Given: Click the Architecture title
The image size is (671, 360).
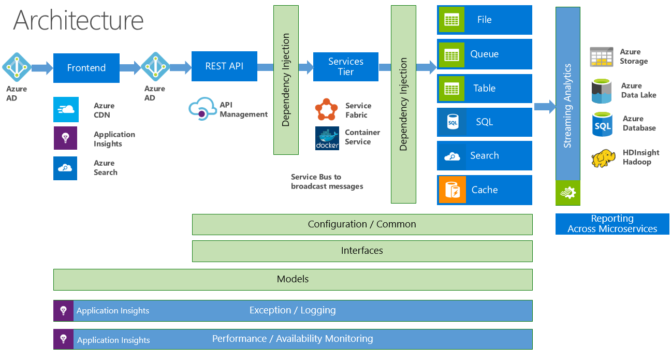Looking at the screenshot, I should (78, 20).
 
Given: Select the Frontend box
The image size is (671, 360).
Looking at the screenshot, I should (86, 68).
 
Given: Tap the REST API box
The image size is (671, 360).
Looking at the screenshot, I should (224, 66).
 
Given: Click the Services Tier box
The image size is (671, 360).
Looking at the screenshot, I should (346, 67).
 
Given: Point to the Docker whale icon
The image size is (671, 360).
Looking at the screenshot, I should (327, 138).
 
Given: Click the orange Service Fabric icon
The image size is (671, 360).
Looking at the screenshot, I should (326, 109).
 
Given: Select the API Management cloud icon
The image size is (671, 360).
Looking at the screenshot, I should (201, 109).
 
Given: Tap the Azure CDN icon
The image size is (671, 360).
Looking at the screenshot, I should (65, 109).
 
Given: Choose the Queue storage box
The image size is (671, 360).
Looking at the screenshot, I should (484, 54).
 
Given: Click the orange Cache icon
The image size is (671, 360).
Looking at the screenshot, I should (452, 190).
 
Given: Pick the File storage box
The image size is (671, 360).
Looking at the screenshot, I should (484, 20).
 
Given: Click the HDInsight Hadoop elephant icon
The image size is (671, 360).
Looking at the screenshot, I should (603, 158).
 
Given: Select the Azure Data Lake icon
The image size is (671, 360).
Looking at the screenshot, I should (602, 91).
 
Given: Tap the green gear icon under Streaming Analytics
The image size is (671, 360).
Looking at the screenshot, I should (567, 193).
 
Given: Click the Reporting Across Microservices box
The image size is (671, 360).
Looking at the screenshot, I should (612, 224).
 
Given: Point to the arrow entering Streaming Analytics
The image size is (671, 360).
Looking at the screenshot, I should (544, 107).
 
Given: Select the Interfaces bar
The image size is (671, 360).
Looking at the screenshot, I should (362, 251).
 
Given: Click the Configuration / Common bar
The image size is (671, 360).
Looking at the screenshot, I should (362, 224).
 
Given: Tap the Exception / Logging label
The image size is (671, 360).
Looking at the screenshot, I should (293, 310).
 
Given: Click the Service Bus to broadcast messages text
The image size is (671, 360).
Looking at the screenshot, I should (327, 181).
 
